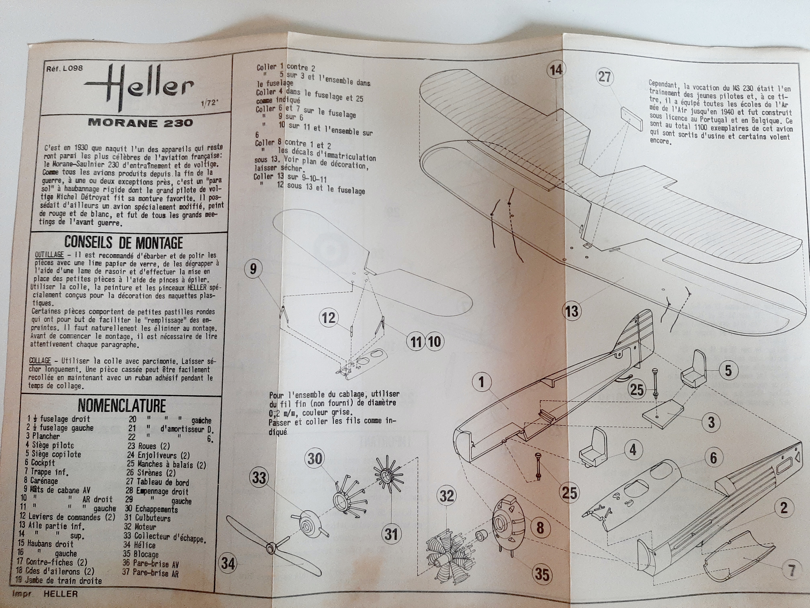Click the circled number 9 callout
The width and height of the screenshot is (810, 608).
coord(253,269)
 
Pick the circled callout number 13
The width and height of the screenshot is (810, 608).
coord(572,311)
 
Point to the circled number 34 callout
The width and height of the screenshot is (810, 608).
coord(228,563)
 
